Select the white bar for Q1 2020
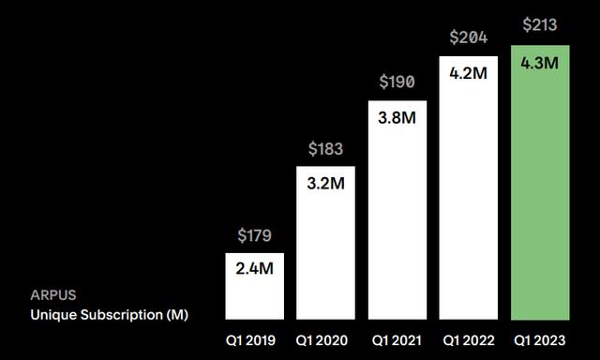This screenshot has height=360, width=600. (x=325, y=243)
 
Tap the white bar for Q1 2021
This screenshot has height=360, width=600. (x=397, y=211)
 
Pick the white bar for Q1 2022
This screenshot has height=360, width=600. (x=468, y=187)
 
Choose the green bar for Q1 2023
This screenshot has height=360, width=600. (x=540, y=183)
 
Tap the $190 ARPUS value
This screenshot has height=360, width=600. (x=397, y=83)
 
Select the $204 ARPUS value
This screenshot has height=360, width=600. (x=468, y=37)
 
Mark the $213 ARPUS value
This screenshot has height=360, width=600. (x=540, y=26)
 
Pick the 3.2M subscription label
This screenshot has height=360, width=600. (x=325, y=185)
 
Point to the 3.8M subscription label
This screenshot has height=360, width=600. (x=397, y=119)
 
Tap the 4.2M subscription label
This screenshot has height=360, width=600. (x=468, y=73)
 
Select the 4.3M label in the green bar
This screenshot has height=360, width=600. (x=540, y=64)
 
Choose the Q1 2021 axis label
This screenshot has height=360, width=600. (x=397, y=338)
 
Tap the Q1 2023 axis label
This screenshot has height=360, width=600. (x=540, y=338)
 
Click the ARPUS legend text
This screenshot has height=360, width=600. (x=52, y=295)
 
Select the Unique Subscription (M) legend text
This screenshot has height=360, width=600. (x=109, y=315)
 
